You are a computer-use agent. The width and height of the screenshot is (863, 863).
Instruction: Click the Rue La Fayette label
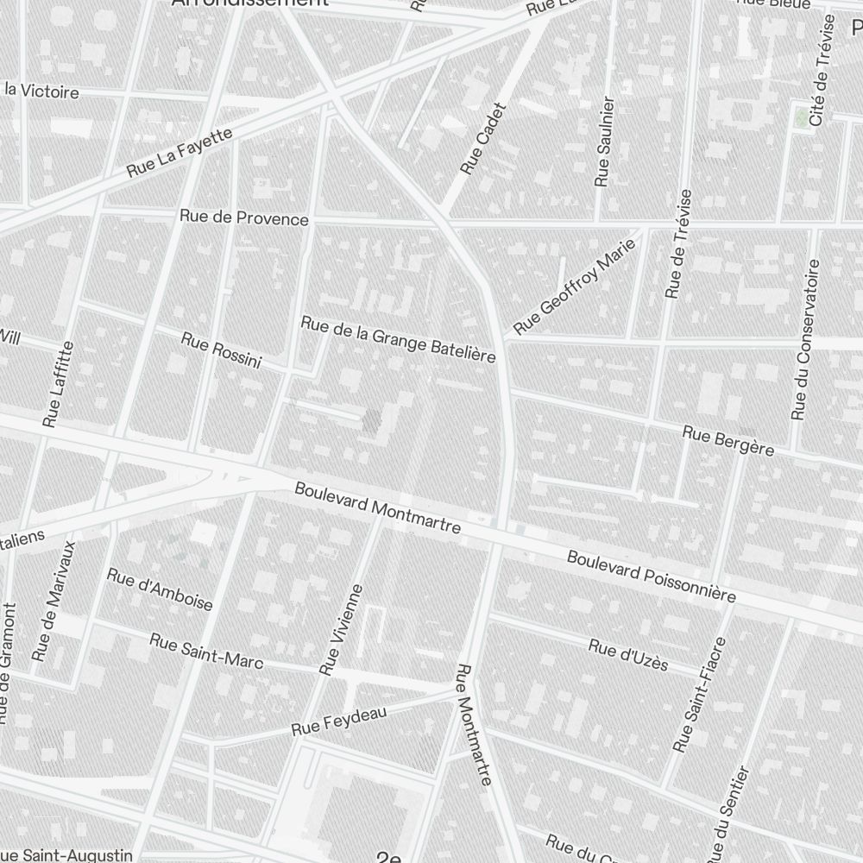tap(180, 153)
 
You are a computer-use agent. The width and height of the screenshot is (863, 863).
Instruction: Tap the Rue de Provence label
tap(244, 217)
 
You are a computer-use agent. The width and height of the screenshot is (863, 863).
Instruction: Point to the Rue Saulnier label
tap(605, 142)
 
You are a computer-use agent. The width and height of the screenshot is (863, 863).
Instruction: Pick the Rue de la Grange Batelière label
tap(398, 339)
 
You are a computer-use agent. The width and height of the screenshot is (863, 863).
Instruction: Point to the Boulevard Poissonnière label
tap(652, 576)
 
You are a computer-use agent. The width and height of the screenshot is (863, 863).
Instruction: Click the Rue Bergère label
tap(728, 439)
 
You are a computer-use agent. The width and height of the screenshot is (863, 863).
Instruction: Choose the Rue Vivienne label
tap(342, 628)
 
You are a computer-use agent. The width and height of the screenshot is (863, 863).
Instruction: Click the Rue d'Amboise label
tap(160, 589)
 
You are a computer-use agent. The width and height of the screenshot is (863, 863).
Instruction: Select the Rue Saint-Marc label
tap(206, 651)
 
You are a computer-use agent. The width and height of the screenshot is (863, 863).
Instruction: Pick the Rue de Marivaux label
tap(54, 601)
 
